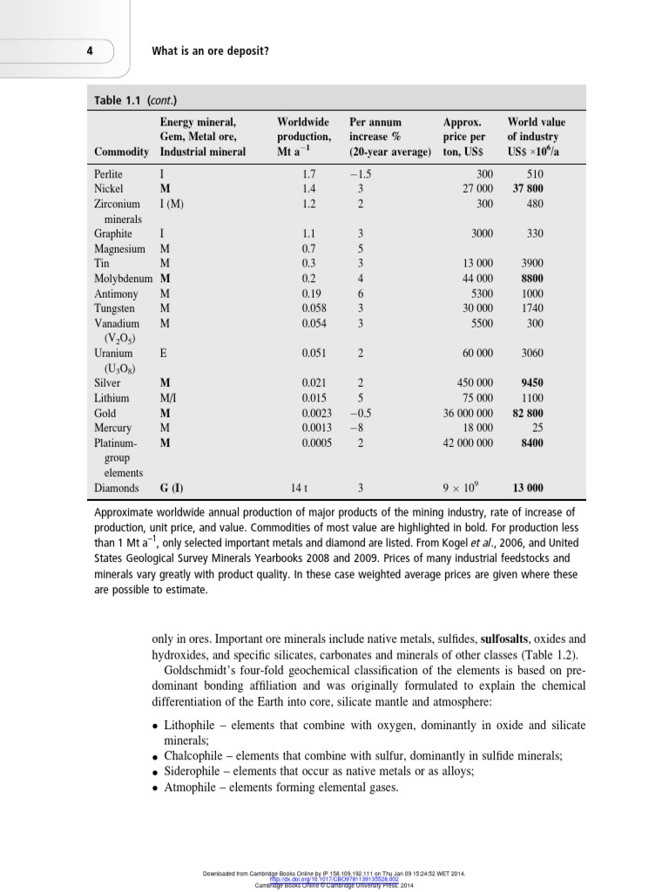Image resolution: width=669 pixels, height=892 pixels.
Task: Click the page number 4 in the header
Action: tap(90, 51)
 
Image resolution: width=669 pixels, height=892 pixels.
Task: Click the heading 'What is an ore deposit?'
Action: tap(210, 51)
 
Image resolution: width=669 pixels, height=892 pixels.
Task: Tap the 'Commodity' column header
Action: tap(122, 152)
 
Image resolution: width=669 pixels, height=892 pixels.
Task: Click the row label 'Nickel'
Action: tap(109, 188)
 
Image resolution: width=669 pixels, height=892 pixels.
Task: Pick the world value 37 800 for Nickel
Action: tap(528, 188)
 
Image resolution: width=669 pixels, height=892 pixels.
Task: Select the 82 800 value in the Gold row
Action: tap(528, 414)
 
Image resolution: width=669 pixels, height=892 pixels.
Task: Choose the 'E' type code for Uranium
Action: tap(164, 354)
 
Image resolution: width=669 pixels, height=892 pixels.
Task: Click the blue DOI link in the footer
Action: tap(334, 879)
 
